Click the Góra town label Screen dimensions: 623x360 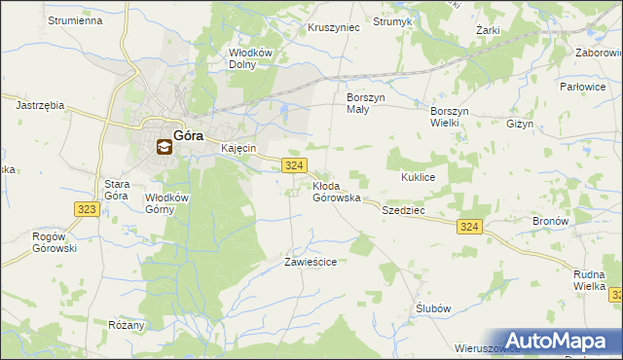click(x=188, y=137)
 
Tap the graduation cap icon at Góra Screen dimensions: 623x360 click(x=164, y=148)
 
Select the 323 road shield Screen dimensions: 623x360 click(x=85, y=209)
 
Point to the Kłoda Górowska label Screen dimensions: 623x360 click(x=337, y=191)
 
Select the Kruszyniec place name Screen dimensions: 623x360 click(x=334, y=28)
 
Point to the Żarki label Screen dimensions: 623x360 click(x=488, y=30)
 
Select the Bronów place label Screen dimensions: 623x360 click(x=550, y=221)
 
